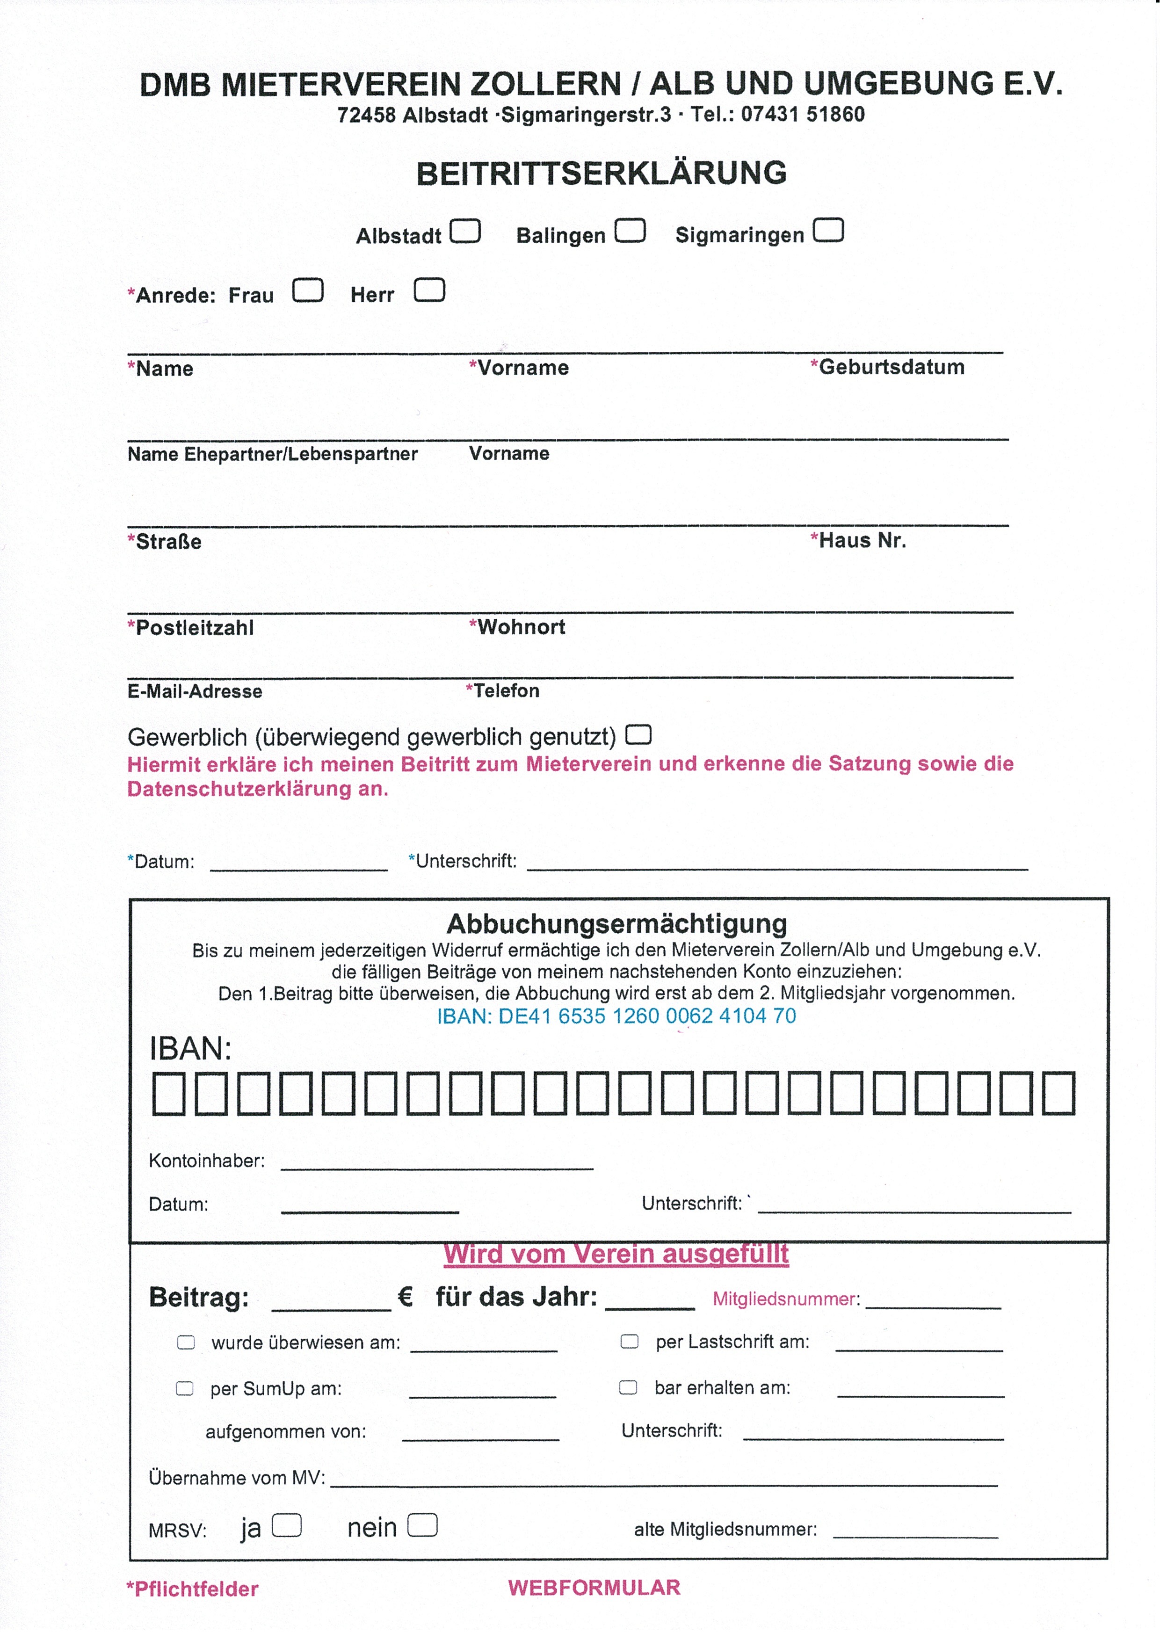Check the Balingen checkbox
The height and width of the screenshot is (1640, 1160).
630,231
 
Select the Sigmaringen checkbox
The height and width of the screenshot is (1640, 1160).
828,230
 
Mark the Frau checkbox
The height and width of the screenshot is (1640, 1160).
308,290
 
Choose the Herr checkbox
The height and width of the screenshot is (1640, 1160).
429,290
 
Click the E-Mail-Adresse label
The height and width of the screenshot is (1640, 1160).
195,691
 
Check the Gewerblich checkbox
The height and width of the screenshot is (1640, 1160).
638,734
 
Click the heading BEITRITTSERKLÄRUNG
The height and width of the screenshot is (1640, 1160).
602,174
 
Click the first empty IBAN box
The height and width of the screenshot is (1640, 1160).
168,1094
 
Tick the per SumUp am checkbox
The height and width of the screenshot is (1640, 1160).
184,1388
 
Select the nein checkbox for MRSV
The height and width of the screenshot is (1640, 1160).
422,1526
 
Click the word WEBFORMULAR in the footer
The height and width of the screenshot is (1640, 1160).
594,1588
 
